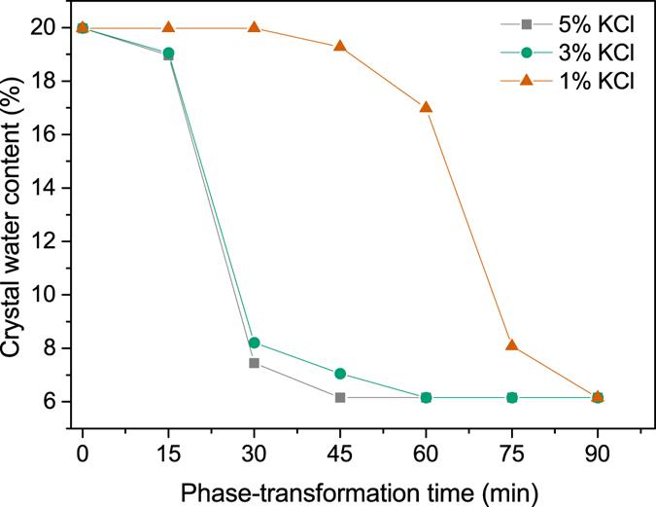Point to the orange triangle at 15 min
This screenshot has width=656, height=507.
tap(168, 27)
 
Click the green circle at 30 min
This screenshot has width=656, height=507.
tap(254, 343)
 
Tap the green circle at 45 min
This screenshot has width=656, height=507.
tap(340, 374)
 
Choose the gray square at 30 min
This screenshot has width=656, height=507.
tap(254, 363)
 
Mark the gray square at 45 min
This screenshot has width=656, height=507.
tap(340, 397)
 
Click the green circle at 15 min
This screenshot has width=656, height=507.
tap(168, 53)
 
